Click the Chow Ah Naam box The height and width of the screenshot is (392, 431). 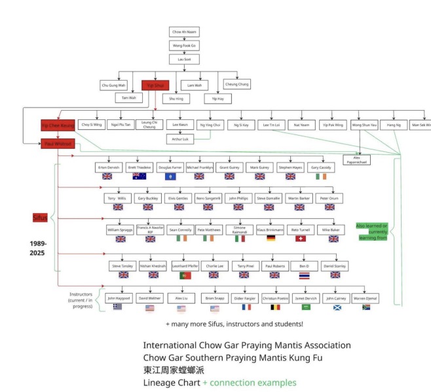point(184,31)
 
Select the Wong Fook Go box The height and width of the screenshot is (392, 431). point(184,45)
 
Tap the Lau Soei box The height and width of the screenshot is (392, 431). point(184,59)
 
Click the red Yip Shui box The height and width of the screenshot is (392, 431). point(155,85)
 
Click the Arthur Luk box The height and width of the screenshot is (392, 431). point(179,139)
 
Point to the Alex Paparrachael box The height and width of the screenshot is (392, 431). point(357,159)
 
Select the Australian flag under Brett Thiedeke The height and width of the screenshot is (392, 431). point(139,176)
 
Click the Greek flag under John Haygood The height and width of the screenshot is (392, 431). point(118,307)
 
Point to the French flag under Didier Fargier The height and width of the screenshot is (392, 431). point(246,307)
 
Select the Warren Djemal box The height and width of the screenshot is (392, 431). point(365,298)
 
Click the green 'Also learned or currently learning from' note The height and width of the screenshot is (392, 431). point(371,231)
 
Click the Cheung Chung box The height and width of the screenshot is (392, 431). point(236,84)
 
